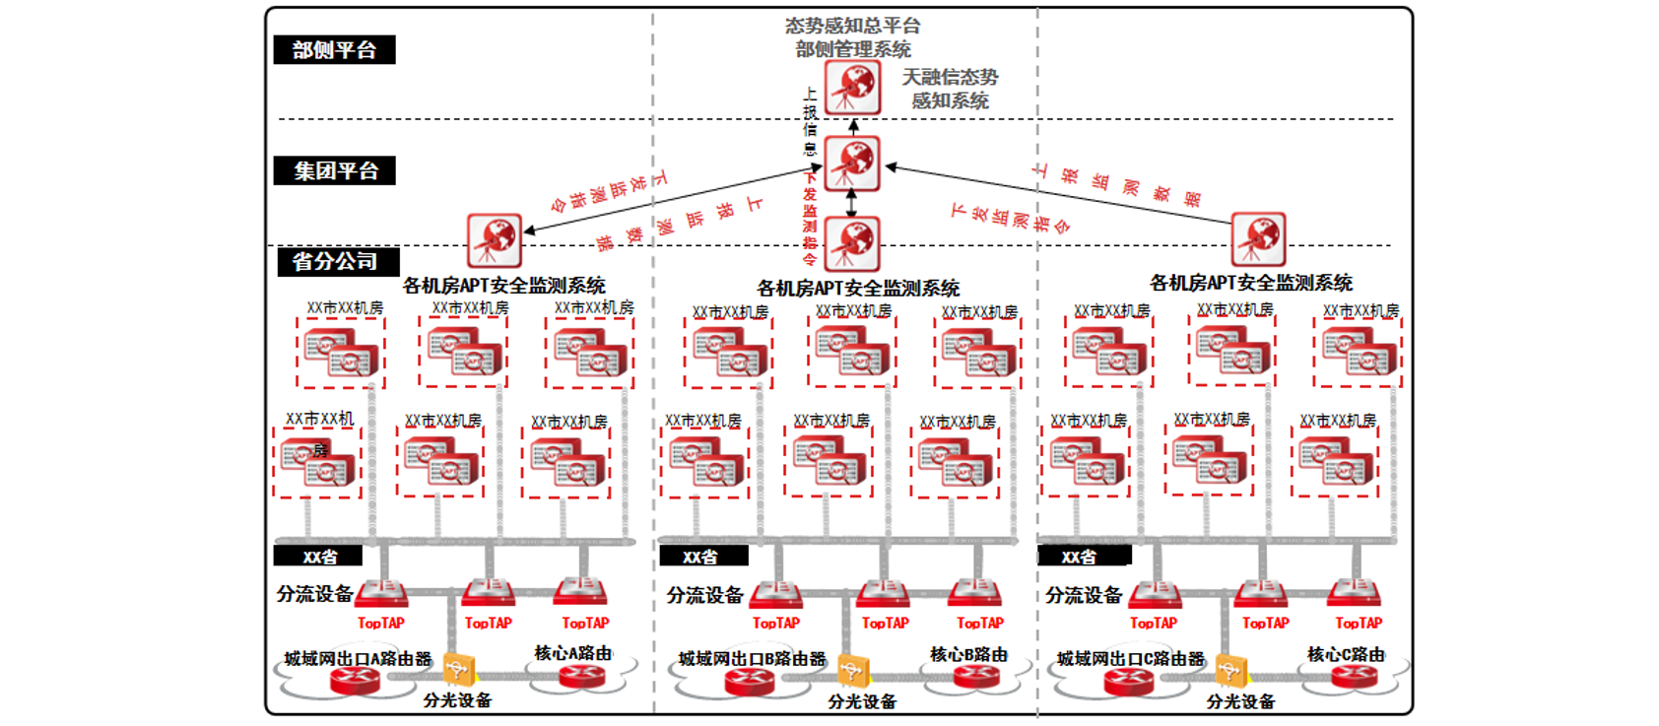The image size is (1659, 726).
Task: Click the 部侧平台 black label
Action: tap(334, 50)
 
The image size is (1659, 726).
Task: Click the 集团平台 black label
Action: tap(335, 170)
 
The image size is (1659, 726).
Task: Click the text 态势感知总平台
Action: tap(853, 26)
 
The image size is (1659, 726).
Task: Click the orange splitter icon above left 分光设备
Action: tap(458, 670)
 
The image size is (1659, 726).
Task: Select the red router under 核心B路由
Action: tap(976, 676)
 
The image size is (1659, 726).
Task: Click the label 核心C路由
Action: tap(1346, 654)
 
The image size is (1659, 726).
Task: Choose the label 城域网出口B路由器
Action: tap(752, 658)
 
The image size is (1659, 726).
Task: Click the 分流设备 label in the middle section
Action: tap(704, 595)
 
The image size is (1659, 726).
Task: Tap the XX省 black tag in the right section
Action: tap(1080, 557)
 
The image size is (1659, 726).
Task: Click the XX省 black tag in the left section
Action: tap(319, 557)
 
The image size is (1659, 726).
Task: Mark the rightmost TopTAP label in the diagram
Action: tap(1359, 623)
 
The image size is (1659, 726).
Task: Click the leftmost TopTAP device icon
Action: tap(381, 593)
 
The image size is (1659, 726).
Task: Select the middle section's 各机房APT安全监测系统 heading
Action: tap(858, 288)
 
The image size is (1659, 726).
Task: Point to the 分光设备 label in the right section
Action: tap(1240, 701)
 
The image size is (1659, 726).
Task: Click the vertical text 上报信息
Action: tap(810, 121)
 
